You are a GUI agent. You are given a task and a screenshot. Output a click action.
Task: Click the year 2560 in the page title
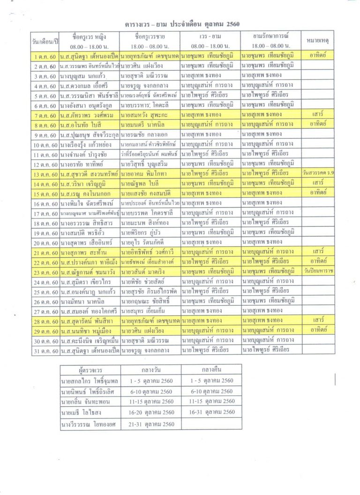click(235, 23)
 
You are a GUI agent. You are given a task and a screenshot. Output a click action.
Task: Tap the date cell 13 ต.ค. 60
click(45, 174)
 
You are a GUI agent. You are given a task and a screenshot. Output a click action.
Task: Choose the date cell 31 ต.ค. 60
click(45, 350)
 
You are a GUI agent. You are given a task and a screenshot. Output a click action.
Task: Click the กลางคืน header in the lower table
click(211, 370)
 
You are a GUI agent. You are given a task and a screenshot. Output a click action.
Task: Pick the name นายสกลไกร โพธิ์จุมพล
click(87, 381)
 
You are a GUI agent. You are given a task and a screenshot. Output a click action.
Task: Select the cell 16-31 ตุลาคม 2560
click(211, 412)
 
